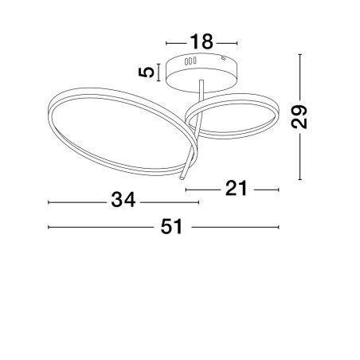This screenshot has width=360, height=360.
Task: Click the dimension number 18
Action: pos(202,42)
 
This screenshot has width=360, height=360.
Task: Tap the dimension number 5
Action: pos(147,72)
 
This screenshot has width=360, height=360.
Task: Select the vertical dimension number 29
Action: pos(299,117)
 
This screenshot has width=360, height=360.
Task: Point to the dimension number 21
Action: pos(237,188)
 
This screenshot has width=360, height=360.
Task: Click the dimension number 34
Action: pos(123,200)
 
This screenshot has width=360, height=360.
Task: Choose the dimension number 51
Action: pos(172,226)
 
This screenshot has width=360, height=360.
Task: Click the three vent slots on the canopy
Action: pos(190,61)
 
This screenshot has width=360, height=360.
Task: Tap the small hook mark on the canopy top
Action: pos(224,57)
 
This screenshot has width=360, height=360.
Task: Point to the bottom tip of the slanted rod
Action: pos(182,178)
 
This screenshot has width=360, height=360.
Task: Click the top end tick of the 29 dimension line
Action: pos(299,54)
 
